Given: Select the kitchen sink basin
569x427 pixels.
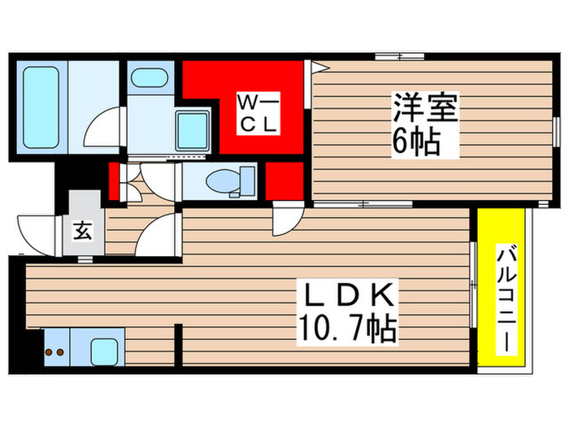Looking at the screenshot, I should pos(106,352).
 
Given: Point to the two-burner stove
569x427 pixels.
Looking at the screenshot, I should pos(55,352).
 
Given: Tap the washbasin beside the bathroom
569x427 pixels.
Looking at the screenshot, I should pos(147,78).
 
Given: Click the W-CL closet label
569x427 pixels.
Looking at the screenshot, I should pos(258,113).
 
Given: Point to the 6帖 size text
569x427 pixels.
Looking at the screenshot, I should pos(418,143).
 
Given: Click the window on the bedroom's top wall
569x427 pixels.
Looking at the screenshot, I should pos(399,56).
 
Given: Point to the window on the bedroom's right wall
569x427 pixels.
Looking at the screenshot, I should pos(556,130).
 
